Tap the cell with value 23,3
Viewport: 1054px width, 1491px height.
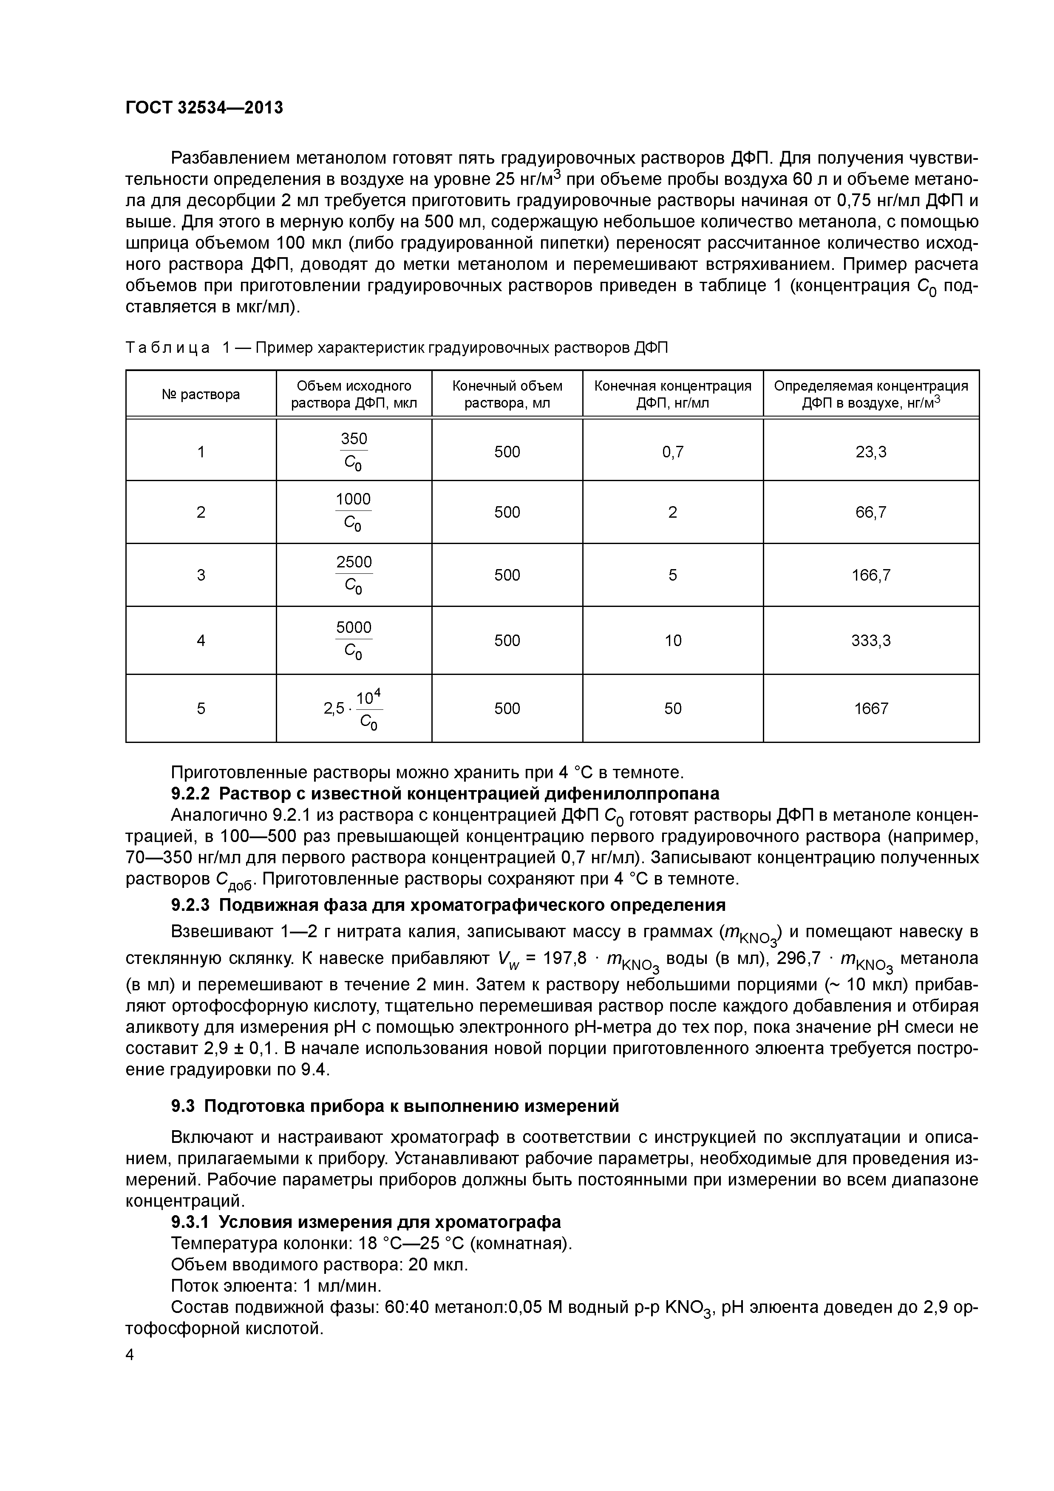[870, 452]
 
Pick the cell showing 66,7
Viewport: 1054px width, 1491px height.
[870, 512]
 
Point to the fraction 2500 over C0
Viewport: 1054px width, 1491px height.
[354, 575]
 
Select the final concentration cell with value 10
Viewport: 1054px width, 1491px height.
[673, 641]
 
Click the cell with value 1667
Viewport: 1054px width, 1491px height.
[870, 709]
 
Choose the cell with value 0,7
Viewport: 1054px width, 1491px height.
[673, 452]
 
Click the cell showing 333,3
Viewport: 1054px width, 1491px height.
[870, 641]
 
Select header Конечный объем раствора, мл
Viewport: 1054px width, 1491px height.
[507, 394]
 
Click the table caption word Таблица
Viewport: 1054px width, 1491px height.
[167, 348]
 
